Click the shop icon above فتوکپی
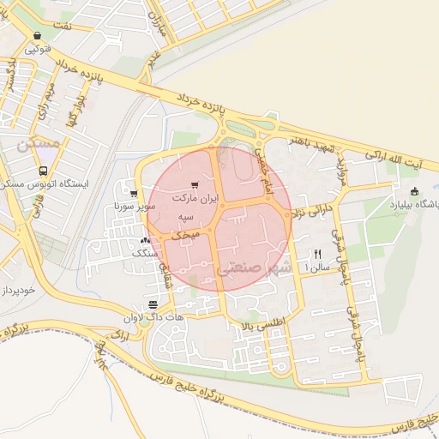click(36, 36)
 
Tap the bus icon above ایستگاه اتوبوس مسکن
click(28, 168)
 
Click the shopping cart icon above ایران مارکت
click(195, 184)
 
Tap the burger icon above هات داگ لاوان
click(153, 304)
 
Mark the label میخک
click(186, 233)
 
